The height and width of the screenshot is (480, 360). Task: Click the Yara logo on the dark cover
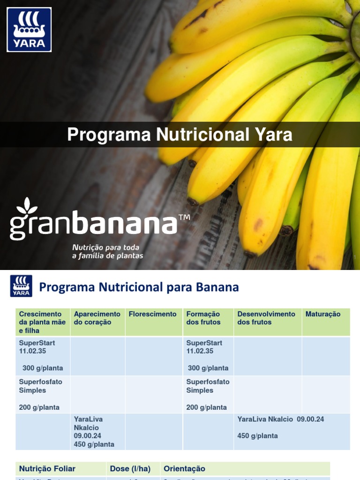pyautogui.click(x=29, y=29)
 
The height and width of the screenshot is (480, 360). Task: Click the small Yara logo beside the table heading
pyautogui.click(x=21, y=286)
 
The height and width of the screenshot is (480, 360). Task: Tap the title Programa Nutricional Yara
pyautogui.click(x=180, y=135)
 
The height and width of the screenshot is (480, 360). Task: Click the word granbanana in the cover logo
pyautogui.click(x=94, y=224)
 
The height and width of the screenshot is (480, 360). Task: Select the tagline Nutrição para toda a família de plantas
pyautogui.click(x=107, y=251)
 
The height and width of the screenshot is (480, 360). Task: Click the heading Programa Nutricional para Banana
pyautogui.click(x=139, y=287)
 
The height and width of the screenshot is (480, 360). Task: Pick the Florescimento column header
pyautogui.click(x=153, y=314)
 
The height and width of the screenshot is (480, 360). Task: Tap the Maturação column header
pyautogui.click(x=323, y=314)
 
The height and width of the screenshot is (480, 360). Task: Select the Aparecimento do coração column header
pyautogui.click(x=97, y=318)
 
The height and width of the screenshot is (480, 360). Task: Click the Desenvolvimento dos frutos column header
pyautogui.click(x=266, y=318)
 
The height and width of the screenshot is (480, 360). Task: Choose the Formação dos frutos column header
pyautogui.click(x=203, y=318)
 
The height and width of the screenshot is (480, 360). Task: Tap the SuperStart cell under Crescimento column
pyautogui.click(x=41, y=355)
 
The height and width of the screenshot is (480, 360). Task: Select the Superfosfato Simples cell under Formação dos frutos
pyautogui.click(x=208, y=394)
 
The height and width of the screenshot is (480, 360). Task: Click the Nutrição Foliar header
pyautogui.click(x=47, y=469)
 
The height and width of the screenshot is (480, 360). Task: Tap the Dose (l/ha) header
pyautogui.click(x=130, y=469)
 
